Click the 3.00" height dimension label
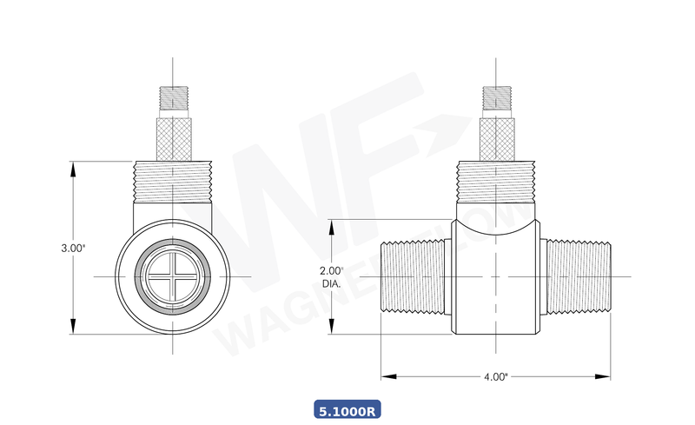click(73, 248)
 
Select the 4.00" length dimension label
click(495, 376)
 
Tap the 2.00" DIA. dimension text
click(331, 276)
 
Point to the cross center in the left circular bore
click(174, 276)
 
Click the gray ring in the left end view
click(144, 276)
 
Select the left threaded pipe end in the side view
click(414, 276)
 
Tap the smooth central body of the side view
click(495, 287)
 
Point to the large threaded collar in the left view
click(174, 182)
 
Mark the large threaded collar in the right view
click(495, 182)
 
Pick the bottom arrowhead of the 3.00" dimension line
click(73, 329)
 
